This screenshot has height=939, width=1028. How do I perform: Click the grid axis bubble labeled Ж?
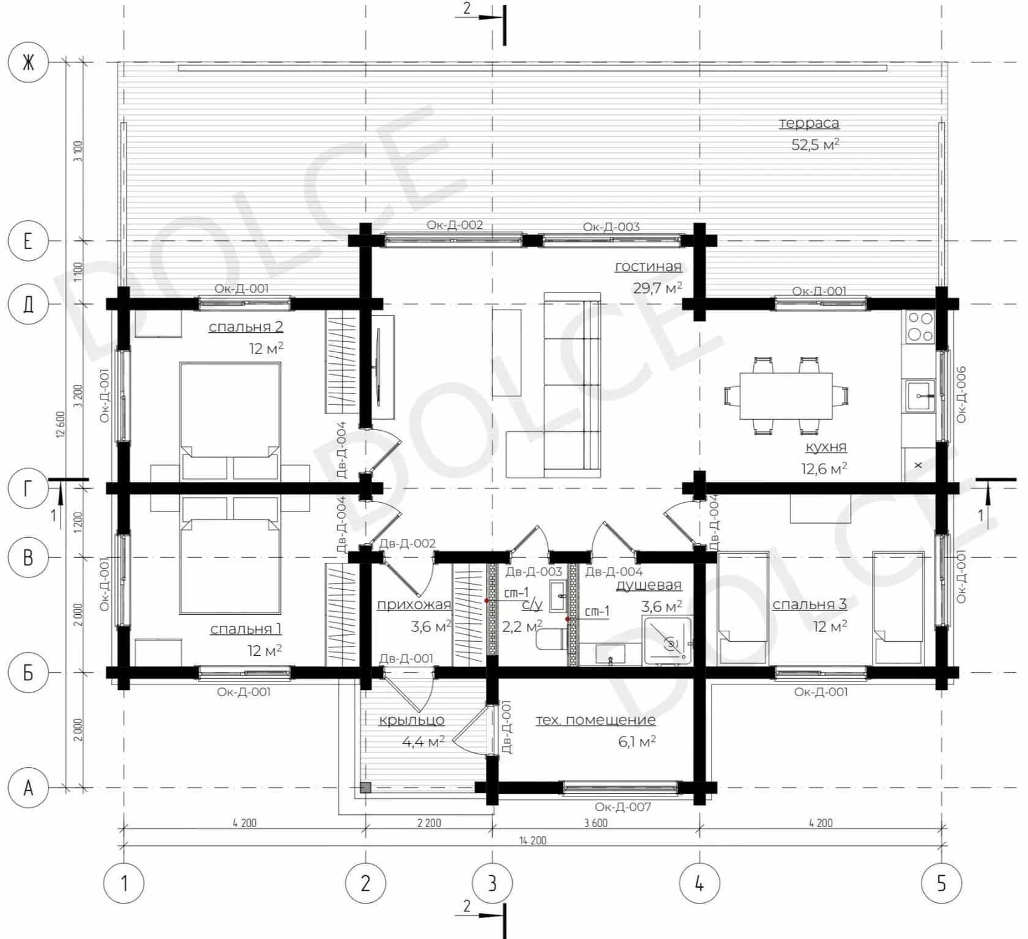(x=28, y=62)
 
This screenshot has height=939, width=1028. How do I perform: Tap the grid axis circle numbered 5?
(x=942, y=883)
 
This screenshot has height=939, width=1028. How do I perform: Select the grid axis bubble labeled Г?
(x=28, y=488)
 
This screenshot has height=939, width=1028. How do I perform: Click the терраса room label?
(x=809, y=123)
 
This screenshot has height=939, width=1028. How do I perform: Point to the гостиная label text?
(x=648, y=266)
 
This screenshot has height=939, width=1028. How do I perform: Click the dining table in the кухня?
(x=786, y=396)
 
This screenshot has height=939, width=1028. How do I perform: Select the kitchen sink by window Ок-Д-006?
(x=920, y=395)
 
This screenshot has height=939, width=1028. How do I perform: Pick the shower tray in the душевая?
(x=667, y=641)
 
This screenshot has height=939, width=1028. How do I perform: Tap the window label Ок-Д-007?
(x=622, y=807)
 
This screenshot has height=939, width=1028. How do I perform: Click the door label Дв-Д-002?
(x=408, y=543)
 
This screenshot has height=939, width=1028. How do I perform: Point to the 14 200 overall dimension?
(x=532, y=841)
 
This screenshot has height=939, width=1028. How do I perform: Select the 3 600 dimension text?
(x=595, y=823)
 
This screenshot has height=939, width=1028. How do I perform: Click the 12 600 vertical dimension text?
(x=60, y=425)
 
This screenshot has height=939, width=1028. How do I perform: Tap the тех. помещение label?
(x=596, y=720)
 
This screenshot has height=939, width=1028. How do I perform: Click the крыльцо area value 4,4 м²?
(x=423, y=742)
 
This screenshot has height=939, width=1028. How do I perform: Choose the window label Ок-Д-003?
(x=611, y=227)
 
